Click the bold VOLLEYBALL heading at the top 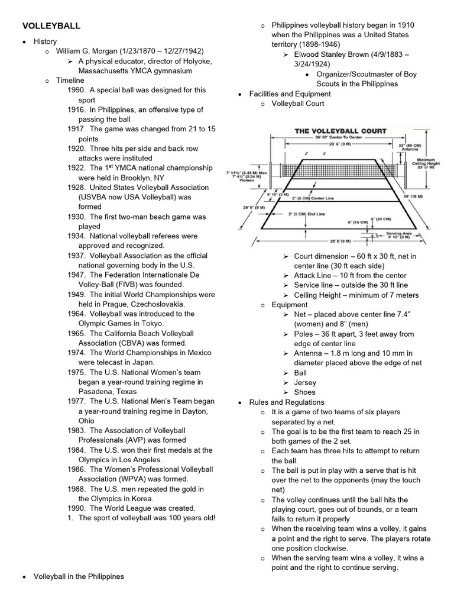pyautogui.click(x=51, y=26)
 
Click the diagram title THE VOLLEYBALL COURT pyautogui.click(x=340, y=131)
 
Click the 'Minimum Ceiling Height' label pyautogui.click(x=425, y=163)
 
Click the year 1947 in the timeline pyautogui.click(x=77, y=275)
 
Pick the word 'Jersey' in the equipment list pyautogui.click(x=305, y=382)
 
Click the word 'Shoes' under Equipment pyautogui.click(x=304, y=392)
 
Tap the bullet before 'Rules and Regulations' pyautogui.click(x=239, y=402)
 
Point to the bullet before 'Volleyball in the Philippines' pyautogui.click(x=24, y=576)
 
